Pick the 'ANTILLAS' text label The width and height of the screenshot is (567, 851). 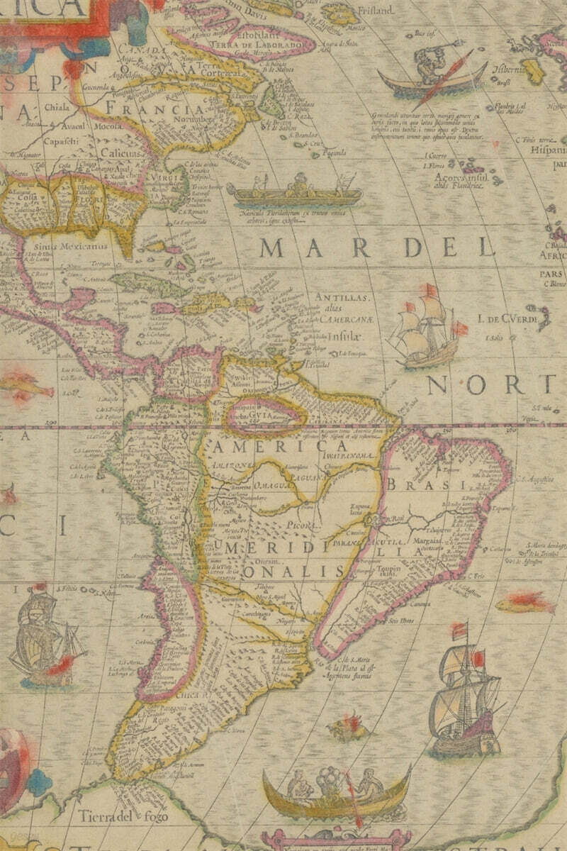click(x=343, y=297)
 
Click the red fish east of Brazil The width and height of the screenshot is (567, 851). click(x=524, y=604)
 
